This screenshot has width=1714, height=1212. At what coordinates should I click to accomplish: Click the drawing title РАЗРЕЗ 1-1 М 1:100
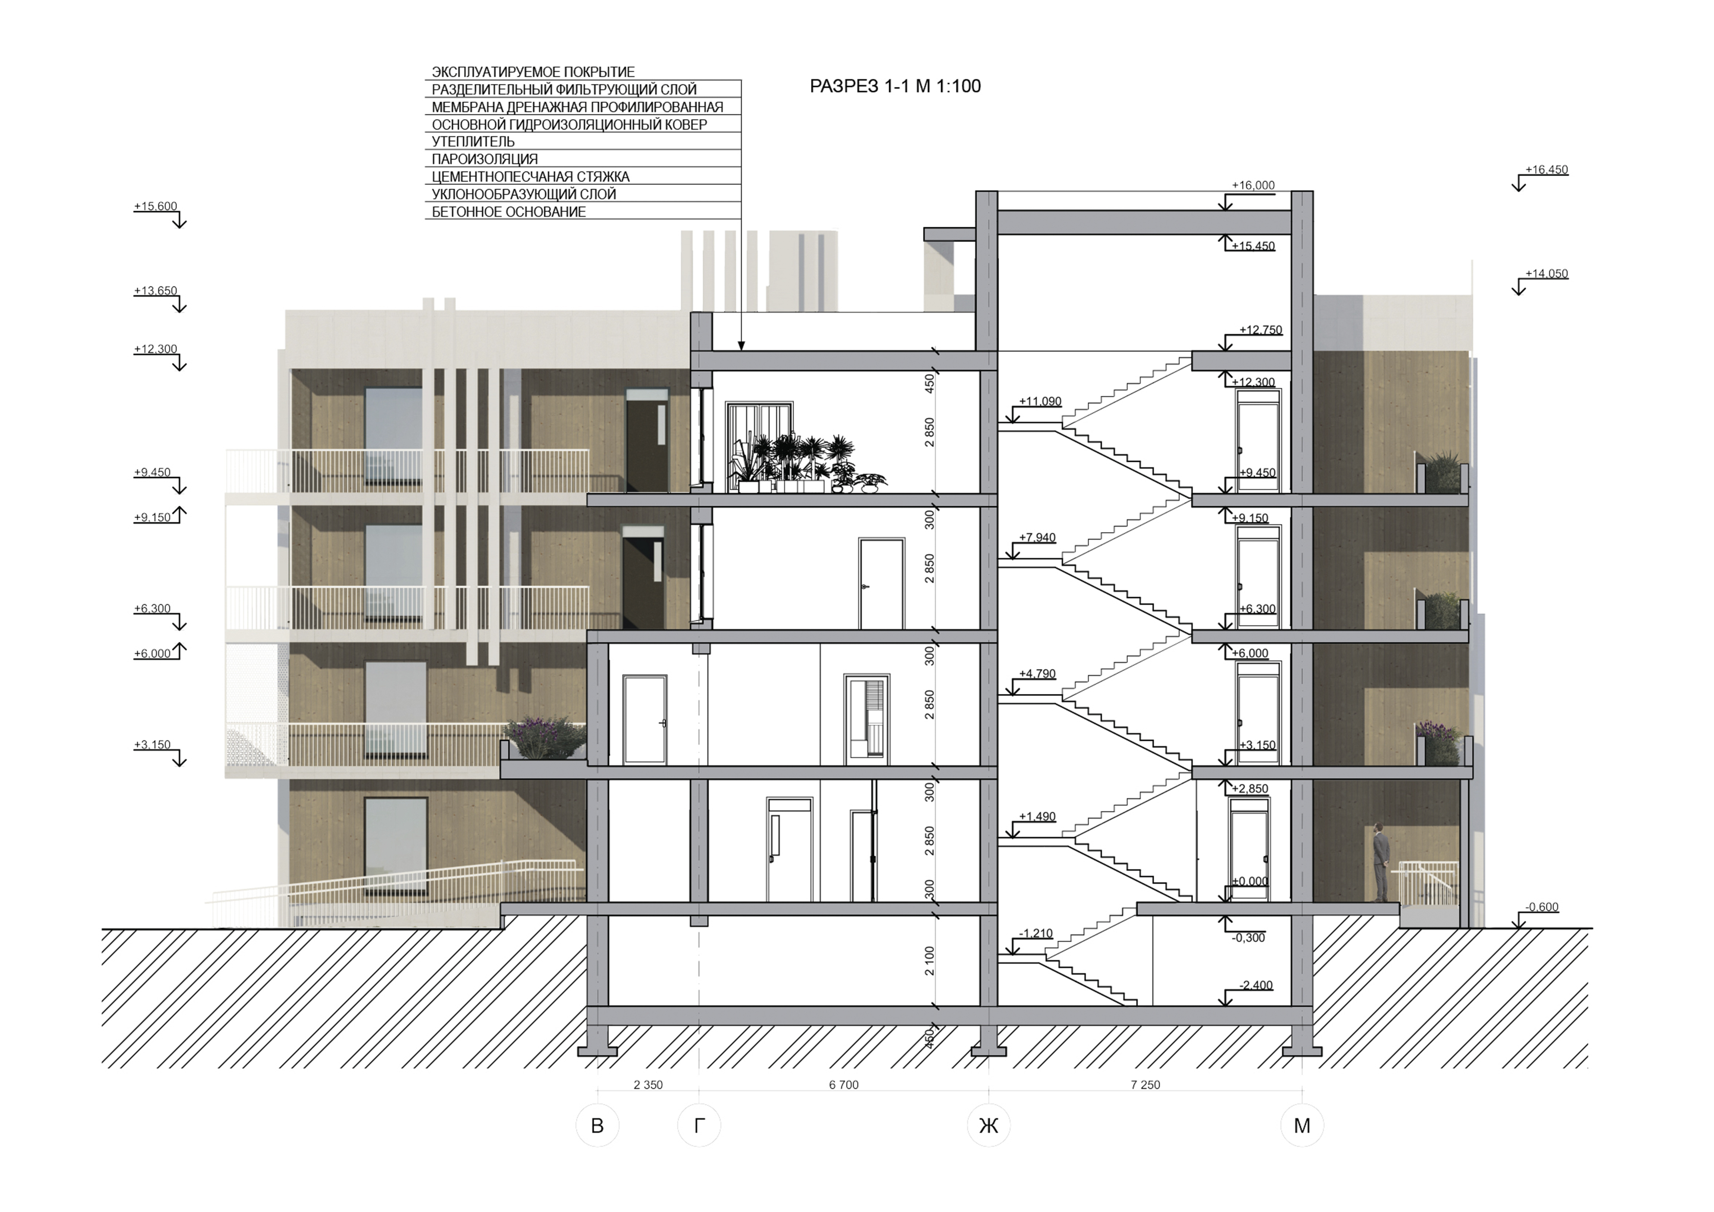coord(895,87)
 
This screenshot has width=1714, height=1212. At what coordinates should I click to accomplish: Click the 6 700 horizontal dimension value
coord(843,1084)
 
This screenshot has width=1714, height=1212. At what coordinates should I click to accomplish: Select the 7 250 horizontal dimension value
coord(1145,1084)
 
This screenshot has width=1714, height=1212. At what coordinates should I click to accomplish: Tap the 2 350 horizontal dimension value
coord(648,1084)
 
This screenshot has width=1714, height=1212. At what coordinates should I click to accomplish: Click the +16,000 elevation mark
coord(1253,185)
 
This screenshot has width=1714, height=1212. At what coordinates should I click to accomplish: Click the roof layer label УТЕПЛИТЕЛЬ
coord(473,141)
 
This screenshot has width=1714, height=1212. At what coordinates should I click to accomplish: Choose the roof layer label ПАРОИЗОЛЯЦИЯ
coord(485,159)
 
